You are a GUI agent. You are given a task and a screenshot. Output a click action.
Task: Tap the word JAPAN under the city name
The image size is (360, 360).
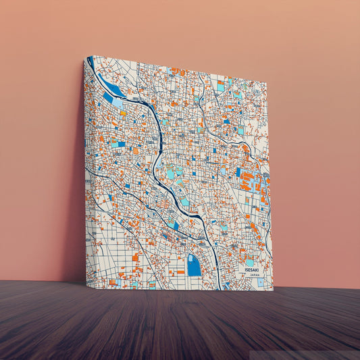click(x=254, y=276)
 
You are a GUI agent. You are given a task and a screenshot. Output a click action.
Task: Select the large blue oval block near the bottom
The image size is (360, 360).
click(x=194, y=265)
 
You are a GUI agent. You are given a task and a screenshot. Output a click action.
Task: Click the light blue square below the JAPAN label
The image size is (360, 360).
click(x=261, y=283)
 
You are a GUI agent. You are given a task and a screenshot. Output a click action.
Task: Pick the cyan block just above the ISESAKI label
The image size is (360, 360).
click(x=250, y=262)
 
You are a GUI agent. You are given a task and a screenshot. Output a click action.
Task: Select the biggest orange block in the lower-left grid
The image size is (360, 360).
click(x=135, y=257)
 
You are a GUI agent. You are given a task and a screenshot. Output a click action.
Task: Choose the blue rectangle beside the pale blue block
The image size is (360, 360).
click(x=107, y=98)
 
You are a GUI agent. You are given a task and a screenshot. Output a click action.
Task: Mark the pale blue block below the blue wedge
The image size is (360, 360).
click(x=119, y=103)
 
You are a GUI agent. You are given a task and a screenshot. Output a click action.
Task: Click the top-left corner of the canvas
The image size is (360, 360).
click(x=87, y=57)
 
